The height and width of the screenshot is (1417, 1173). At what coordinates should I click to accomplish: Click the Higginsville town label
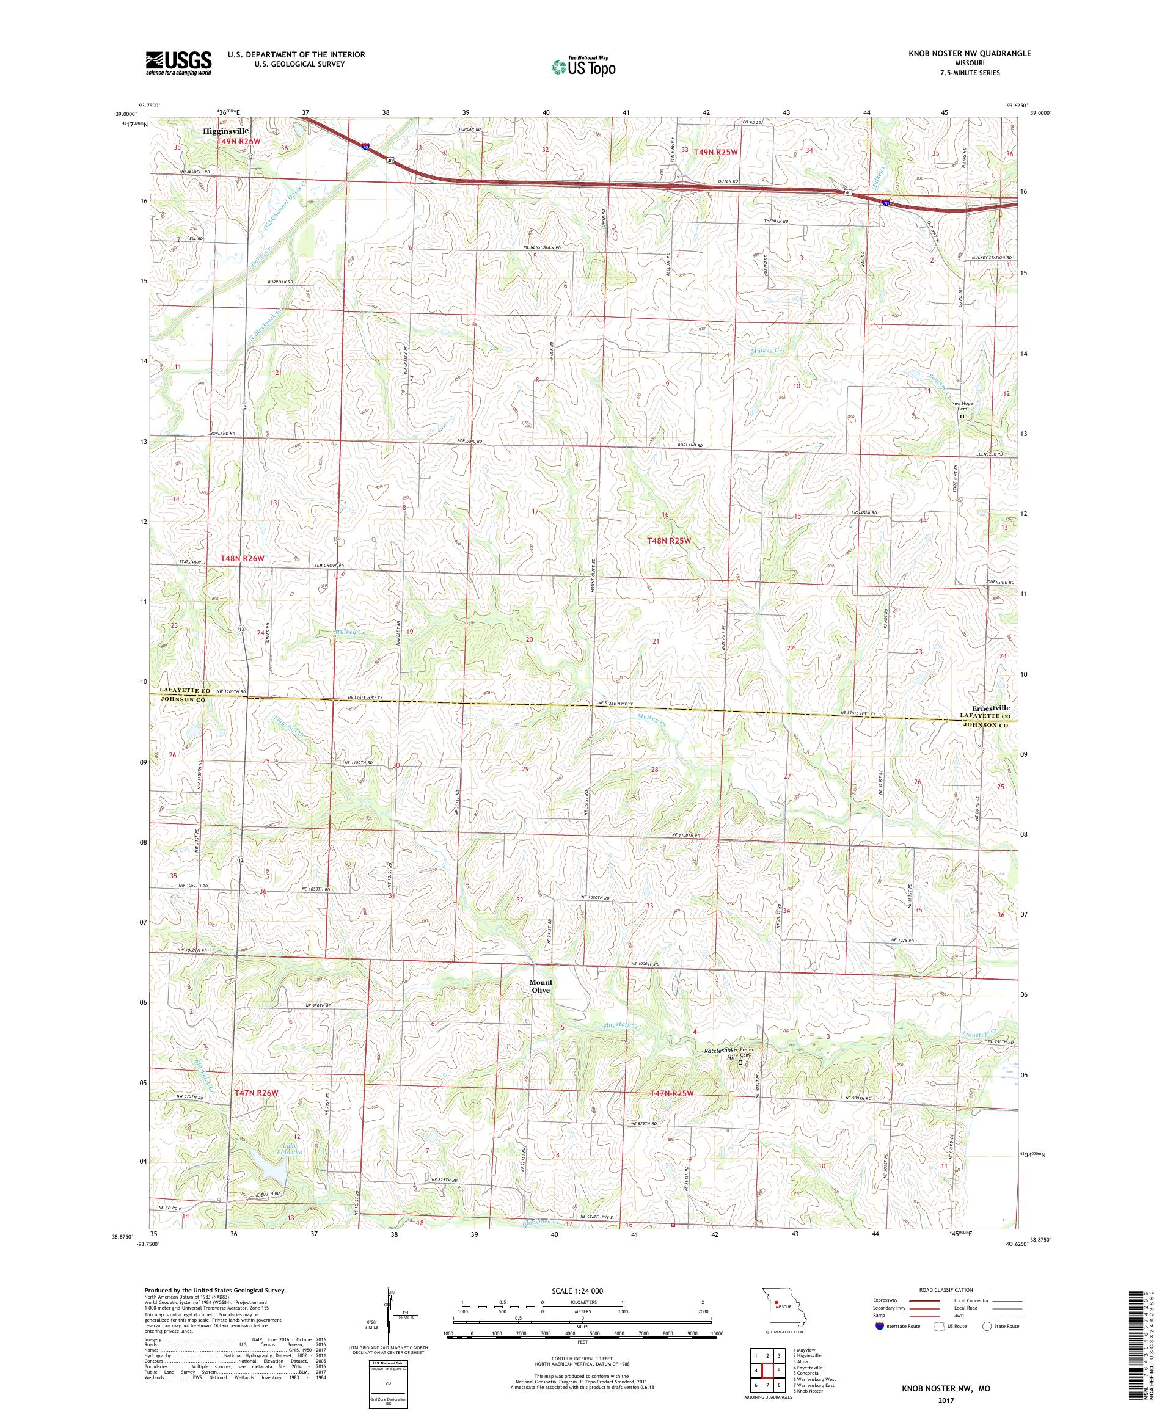point(225,131)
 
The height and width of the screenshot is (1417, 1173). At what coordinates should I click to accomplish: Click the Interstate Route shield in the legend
point(878,1326)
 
